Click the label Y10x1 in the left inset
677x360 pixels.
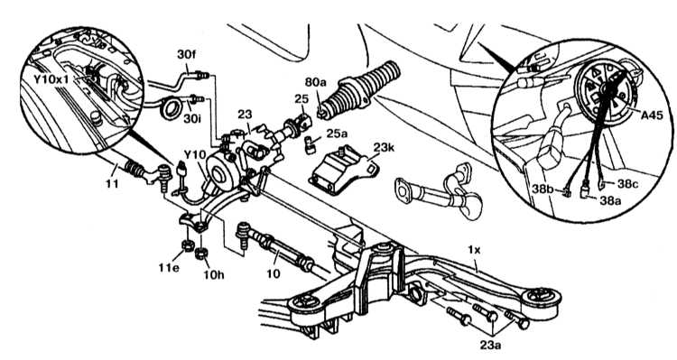point(54,79)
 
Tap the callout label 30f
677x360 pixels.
point(187,54)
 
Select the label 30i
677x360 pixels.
point(192,118)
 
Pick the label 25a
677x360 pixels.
point(337,134)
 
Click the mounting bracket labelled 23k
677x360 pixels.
point(342,171)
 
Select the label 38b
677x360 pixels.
point(543,190)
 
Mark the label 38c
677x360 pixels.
point(627,183)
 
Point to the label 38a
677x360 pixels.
point(610,199)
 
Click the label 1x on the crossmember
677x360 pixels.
point(474,250)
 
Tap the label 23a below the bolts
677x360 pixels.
point(490,345)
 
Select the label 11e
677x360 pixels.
point(169,267)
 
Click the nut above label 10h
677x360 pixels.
point(200,253)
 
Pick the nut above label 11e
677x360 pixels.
point(187,245)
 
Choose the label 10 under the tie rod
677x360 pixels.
point(273,273)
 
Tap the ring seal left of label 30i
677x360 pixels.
point(172,108)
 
